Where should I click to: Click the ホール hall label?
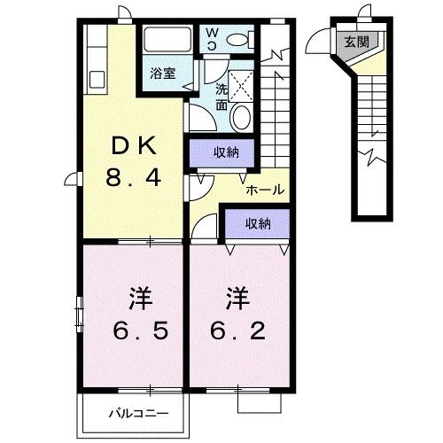[264, 189]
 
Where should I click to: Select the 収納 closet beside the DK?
[224, 153]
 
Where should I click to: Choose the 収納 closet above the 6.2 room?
[257, 223]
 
